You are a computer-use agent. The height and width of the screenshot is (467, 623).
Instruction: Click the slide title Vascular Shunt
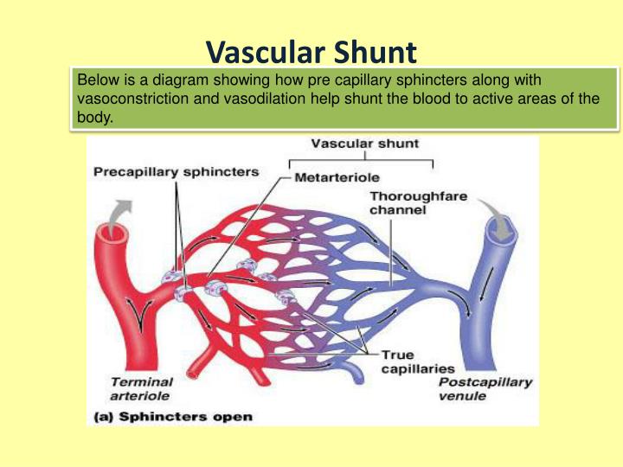pyautogui.click(x=311, y=54)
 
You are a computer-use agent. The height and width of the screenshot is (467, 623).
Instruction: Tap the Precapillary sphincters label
pyautogui.click(x=176, y=171)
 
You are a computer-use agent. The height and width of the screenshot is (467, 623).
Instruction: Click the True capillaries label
pyautogui.click(x=410, y=361)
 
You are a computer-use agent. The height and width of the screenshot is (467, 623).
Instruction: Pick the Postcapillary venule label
pyautogui.click(x=485, y=388)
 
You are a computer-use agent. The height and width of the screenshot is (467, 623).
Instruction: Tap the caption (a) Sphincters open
pyautogui.click(x=173, y=417)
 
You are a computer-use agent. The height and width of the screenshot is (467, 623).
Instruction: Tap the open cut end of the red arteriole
pyautogui.click(x=112, y=233)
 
